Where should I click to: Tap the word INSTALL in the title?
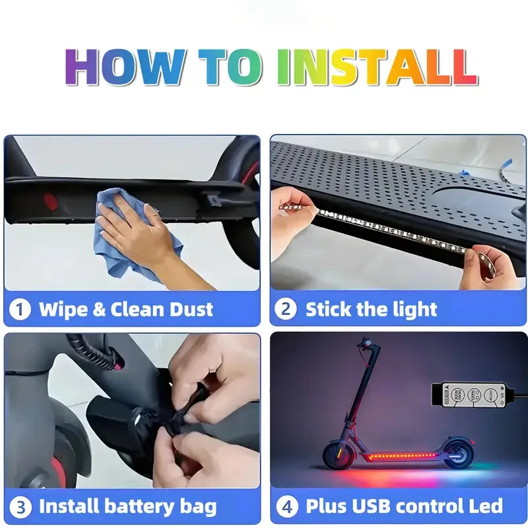(x=376, y=66)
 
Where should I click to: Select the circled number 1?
(x=20, y=309)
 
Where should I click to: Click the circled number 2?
(x=285, y=309)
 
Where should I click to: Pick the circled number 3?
(x=20, y=507)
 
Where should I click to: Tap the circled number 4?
(x=285, y=507)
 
